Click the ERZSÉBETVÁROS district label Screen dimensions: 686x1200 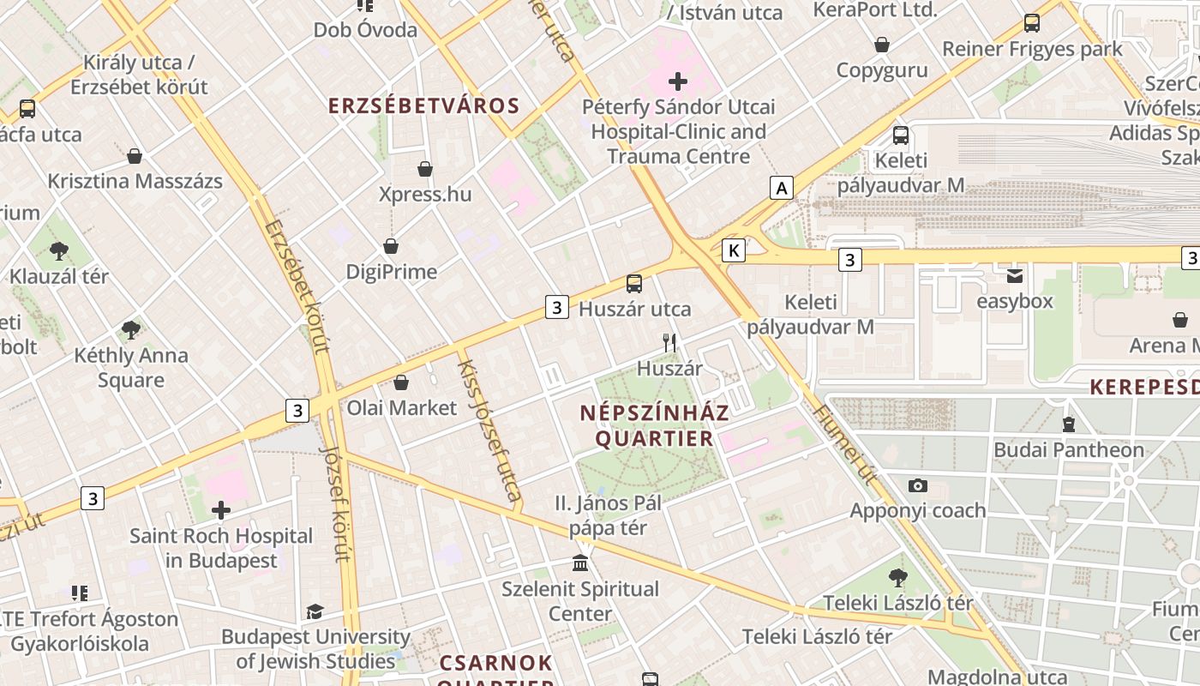(424, 105)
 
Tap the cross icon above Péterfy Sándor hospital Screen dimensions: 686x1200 (678, 81)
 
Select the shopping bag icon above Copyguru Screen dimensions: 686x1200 (882, 45)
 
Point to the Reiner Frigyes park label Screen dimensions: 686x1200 (1032, 49)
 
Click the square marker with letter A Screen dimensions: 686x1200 (781, 187)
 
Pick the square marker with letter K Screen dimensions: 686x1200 (733, 250)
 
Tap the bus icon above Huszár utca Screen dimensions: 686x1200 (634, 284)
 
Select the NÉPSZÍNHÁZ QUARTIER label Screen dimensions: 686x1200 (655, 425)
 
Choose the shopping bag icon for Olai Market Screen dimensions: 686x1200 (400, 382)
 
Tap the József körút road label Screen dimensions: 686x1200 (334, 502)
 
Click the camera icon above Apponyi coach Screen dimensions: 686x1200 (917, 486)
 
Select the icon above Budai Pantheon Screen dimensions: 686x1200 (1068, 424)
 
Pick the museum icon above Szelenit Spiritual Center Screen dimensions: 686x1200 (580, 563)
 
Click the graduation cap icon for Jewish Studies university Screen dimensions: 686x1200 (315, 612)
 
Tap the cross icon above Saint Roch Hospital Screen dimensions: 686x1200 (221, 511)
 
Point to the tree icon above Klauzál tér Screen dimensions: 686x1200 (59, 251)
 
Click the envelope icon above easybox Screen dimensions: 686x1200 (1015, 276)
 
